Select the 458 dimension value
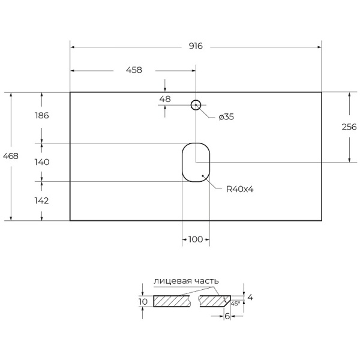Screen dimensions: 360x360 point(134,70)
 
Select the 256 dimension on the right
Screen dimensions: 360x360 point(349,127)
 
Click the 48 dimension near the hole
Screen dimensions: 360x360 point(165,99)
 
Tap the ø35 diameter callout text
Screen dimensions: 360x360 point(226,117)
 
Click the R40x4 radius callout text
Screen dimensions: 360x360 point(240,189)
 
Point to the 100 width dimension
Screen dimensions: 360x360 point(196,239)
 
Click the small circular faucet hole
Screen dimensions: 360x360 point(196,106)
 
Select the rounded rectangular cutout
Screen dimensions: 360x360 point(196,162)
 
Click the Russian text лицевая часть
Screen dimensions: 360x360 point(186,281)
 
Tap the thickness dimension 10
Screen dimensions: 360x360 point(142,301)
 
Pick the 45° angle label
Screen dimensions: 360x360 point(235,304)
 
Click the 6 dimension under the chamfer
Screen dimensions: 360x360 point(227,316)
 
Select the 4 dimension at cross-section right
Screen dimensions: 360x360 point(250,297)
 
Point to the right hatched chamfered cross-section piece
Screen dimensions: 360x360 point(214,301)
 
